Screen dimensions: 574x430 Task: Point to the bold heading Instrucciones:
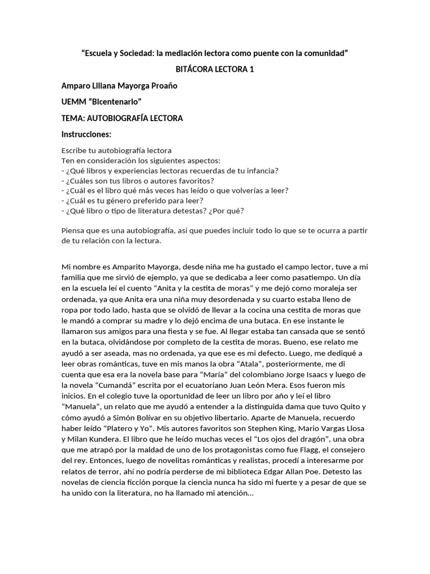click(x=86, y=135)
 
